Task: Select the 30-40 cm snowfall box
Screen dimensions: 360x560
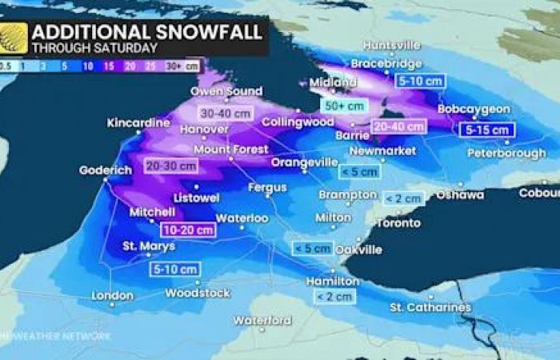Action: pos(226,114)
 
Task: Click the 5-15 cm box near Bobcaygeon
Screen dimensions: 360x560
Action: pos(486,130)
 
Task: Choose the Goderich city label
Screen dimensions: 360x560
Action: pos(105,170)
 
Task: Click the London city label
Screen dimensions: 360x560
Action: pos(112,296)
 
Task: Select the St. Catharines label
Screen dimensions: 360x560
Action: pos(430,307)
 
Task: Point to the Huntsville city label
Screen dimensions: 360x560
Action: pos(391,46)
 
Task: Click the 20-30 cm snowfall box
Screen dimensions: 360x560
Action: pos(171,166)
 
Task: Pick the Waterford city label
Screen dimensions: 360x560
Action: pos(262,321)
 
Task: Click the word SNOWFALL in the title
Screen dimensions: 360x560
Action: pos(206,33)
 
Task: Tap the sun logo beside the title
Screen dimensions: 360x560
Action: pos(14,38)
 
